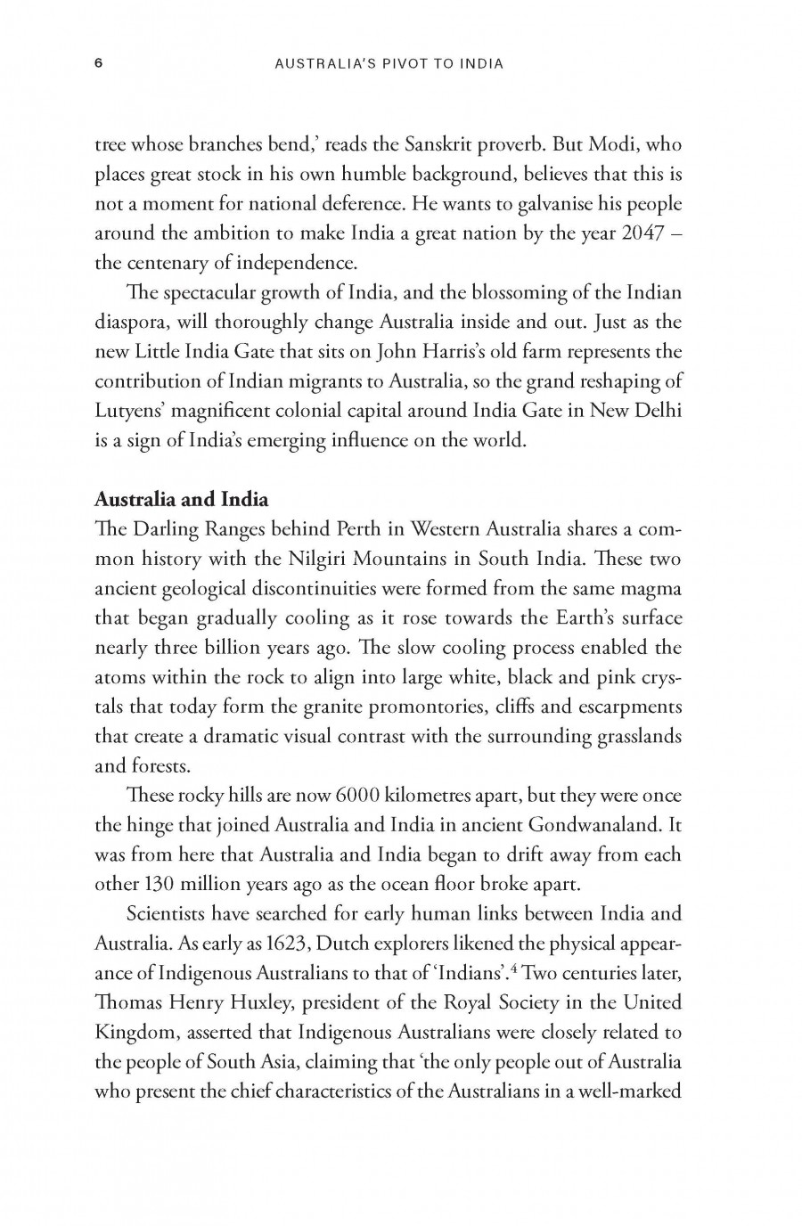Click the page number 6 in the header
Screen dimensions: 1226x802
click(x=99, y=63)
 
